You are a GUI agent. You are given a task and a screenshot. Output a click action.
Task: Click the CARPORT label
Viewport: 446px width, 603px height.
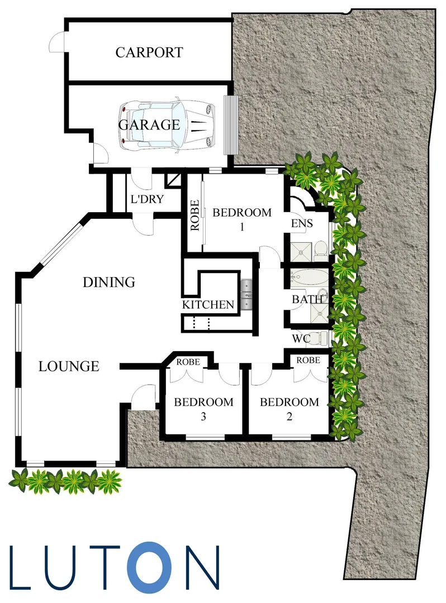[x=149, y=52]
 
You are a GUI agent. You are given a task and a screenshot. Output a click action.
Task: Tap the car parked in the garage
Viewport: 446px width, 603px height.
[x=167, y=125]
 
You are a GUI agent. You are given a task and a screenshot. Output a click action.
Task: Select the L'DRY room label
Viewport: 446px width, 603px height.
[x=147, y=199]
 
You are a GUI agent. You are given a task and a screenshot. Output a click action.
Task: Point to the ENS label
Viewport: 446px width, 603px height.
[x=302, y=223]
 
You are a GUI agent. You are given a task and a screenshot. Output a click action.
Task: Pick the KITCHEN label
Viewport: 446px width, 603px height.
[x=208, y=305]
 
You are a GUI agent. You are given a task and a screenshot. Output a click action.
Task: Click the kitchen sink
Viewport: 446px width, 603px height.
[x=246, y=295]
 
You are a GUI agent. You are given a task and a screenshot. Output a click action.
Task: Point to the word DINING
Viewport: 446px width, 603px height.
[x=109, y=283]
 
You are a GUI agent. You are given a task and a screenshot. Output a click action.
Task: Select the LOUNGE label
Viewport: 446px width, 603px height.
[x=69, y=367]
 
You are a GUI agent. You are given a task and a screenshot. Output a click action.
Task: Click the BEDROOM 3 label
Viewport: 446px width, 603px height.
[x=203, y=409]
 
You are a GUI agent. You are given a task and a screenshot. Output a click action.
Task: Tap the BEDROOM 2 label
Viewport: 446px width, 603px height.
[x=290, y=409]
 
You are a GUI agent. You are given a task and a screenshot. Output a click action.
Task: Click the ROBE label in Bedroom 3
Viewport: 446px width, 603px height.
[x=188, y=362]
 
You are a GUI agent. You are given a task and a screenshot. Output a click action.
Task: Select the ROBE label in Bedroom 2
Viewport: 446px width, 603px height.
[x=309, y=360]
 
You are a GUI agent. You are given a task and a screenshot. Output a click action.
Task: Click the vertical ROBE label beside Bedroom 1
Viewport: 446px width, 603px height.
[x=194, y=216]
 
